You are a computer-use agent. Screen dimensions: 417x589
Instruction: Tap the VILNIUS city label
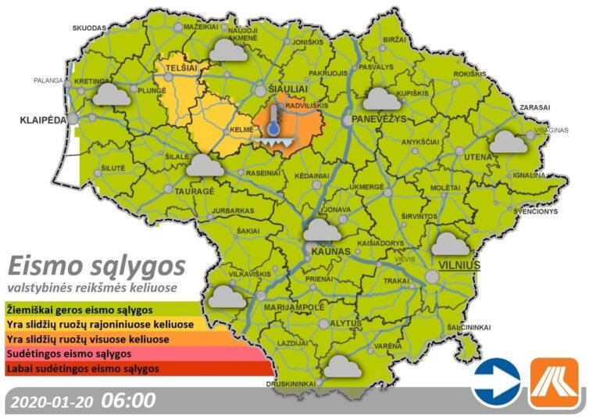(x=455, y=266)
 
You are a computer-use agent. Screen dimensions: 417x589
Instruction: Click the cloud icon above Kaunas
(x=322, y=230)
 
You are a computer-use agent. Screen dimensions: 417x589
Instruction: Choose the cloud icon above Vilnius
(x=454, y=244)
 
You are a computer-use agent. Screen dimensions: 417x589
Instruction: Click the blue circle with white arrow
(x=497, y=382)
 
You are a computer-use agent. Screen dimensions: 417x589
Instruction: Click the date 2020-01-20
(x=53, y=401)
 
